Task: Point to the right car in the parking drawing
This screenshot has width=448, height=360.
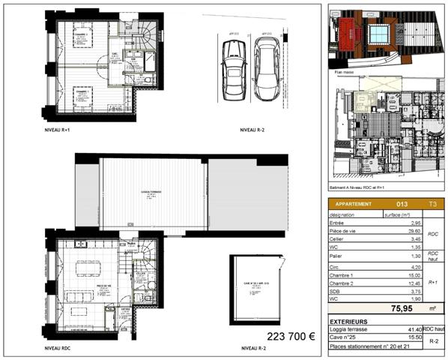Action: click(267, 64)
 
